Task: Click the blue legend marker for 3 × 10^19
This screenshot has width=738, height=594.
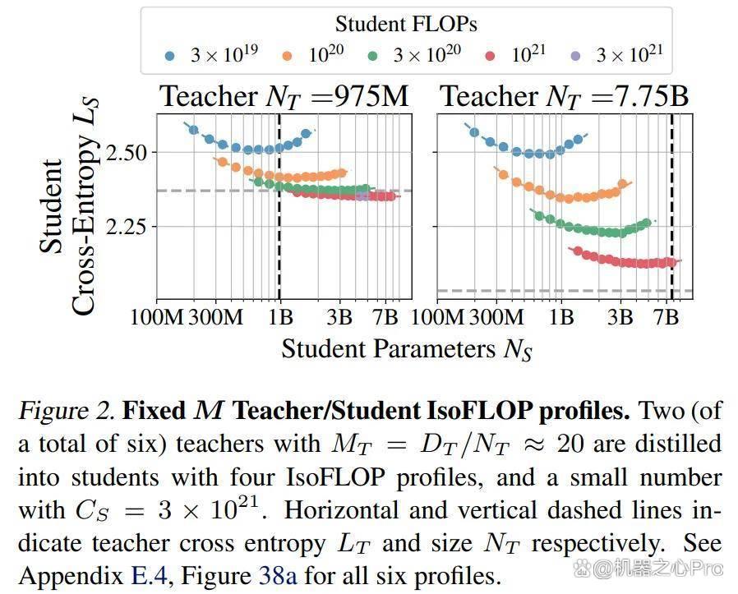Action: click(x=170, y=57)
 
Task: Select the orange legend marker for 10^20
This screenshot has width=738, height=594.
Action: click(x=287, y=57)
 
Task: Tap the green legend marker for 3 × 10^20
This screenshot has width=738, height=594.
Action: click(x=373, y=57)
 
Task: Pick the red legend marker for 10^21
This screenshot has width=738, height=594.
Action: click(x=490, y=57)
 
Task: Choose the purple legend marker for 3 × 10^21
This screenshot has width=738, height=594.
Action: click(x=575, y=57)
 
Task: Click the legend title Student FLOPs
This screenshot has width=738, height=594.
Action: click(x=406, y=24)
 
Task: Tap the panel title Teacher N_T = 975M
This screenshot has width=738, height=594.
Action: click(x=284, y=96)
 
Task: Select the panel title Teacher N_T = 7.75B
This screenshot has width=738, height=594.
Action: click(x=565, y=96)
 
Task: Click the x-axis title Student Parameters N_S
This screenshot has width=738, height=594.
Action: click(x=407, y=350)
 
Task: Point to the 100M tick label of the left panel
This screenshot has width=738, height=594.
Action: click(x=157, y=317)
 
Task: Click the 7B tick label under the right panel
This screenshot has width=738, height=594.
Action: click(x=666, y=317)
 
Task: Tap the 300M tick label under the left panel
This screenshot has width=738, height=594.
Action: click(x=216, y=317)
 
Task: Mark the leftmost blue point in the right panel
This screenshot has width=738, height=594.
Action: click(x=474, y=132)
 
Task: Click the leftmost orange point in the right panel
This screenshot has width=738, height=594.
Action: click(x=503, y=175)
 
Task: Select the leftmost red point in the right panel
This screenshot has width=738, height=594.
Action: click(x=578, y=251)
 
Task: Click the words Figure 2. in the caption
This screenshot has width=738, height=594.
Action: click(x=67, y=411)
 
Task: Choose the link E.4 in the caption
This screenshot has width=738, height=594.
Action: click(x=150, y=575)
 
